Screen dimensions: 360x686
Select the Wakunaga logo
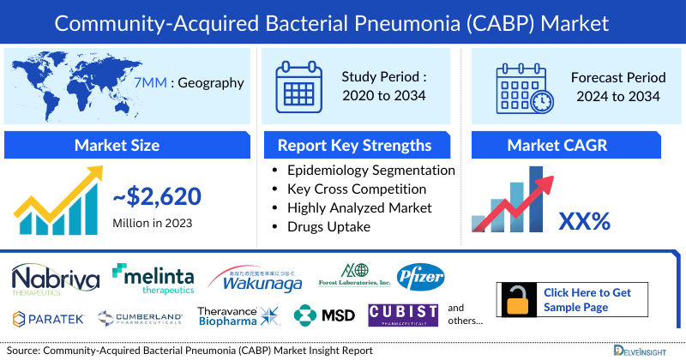[255, 277]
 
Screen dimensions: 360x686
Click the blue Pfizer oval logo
[421, 277]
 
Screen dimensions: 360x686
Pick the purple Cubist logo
[403, 315]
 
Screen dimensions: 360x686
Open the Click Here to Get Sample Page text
[587, 299]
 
